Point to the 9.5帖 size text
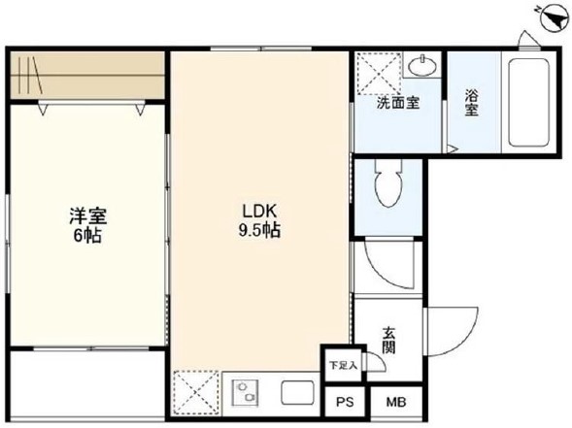pyautogui.click(x=260, y=231)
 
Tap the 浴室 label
pyautogui.click(x=471, y=103)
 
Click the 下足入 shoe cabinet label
pyautogui.click(x=343, y=366)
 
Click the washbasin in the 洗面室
pyautogui.click(x=421, y=68)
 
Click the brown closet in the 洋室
pyautogui.click(x=87, y=75)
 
